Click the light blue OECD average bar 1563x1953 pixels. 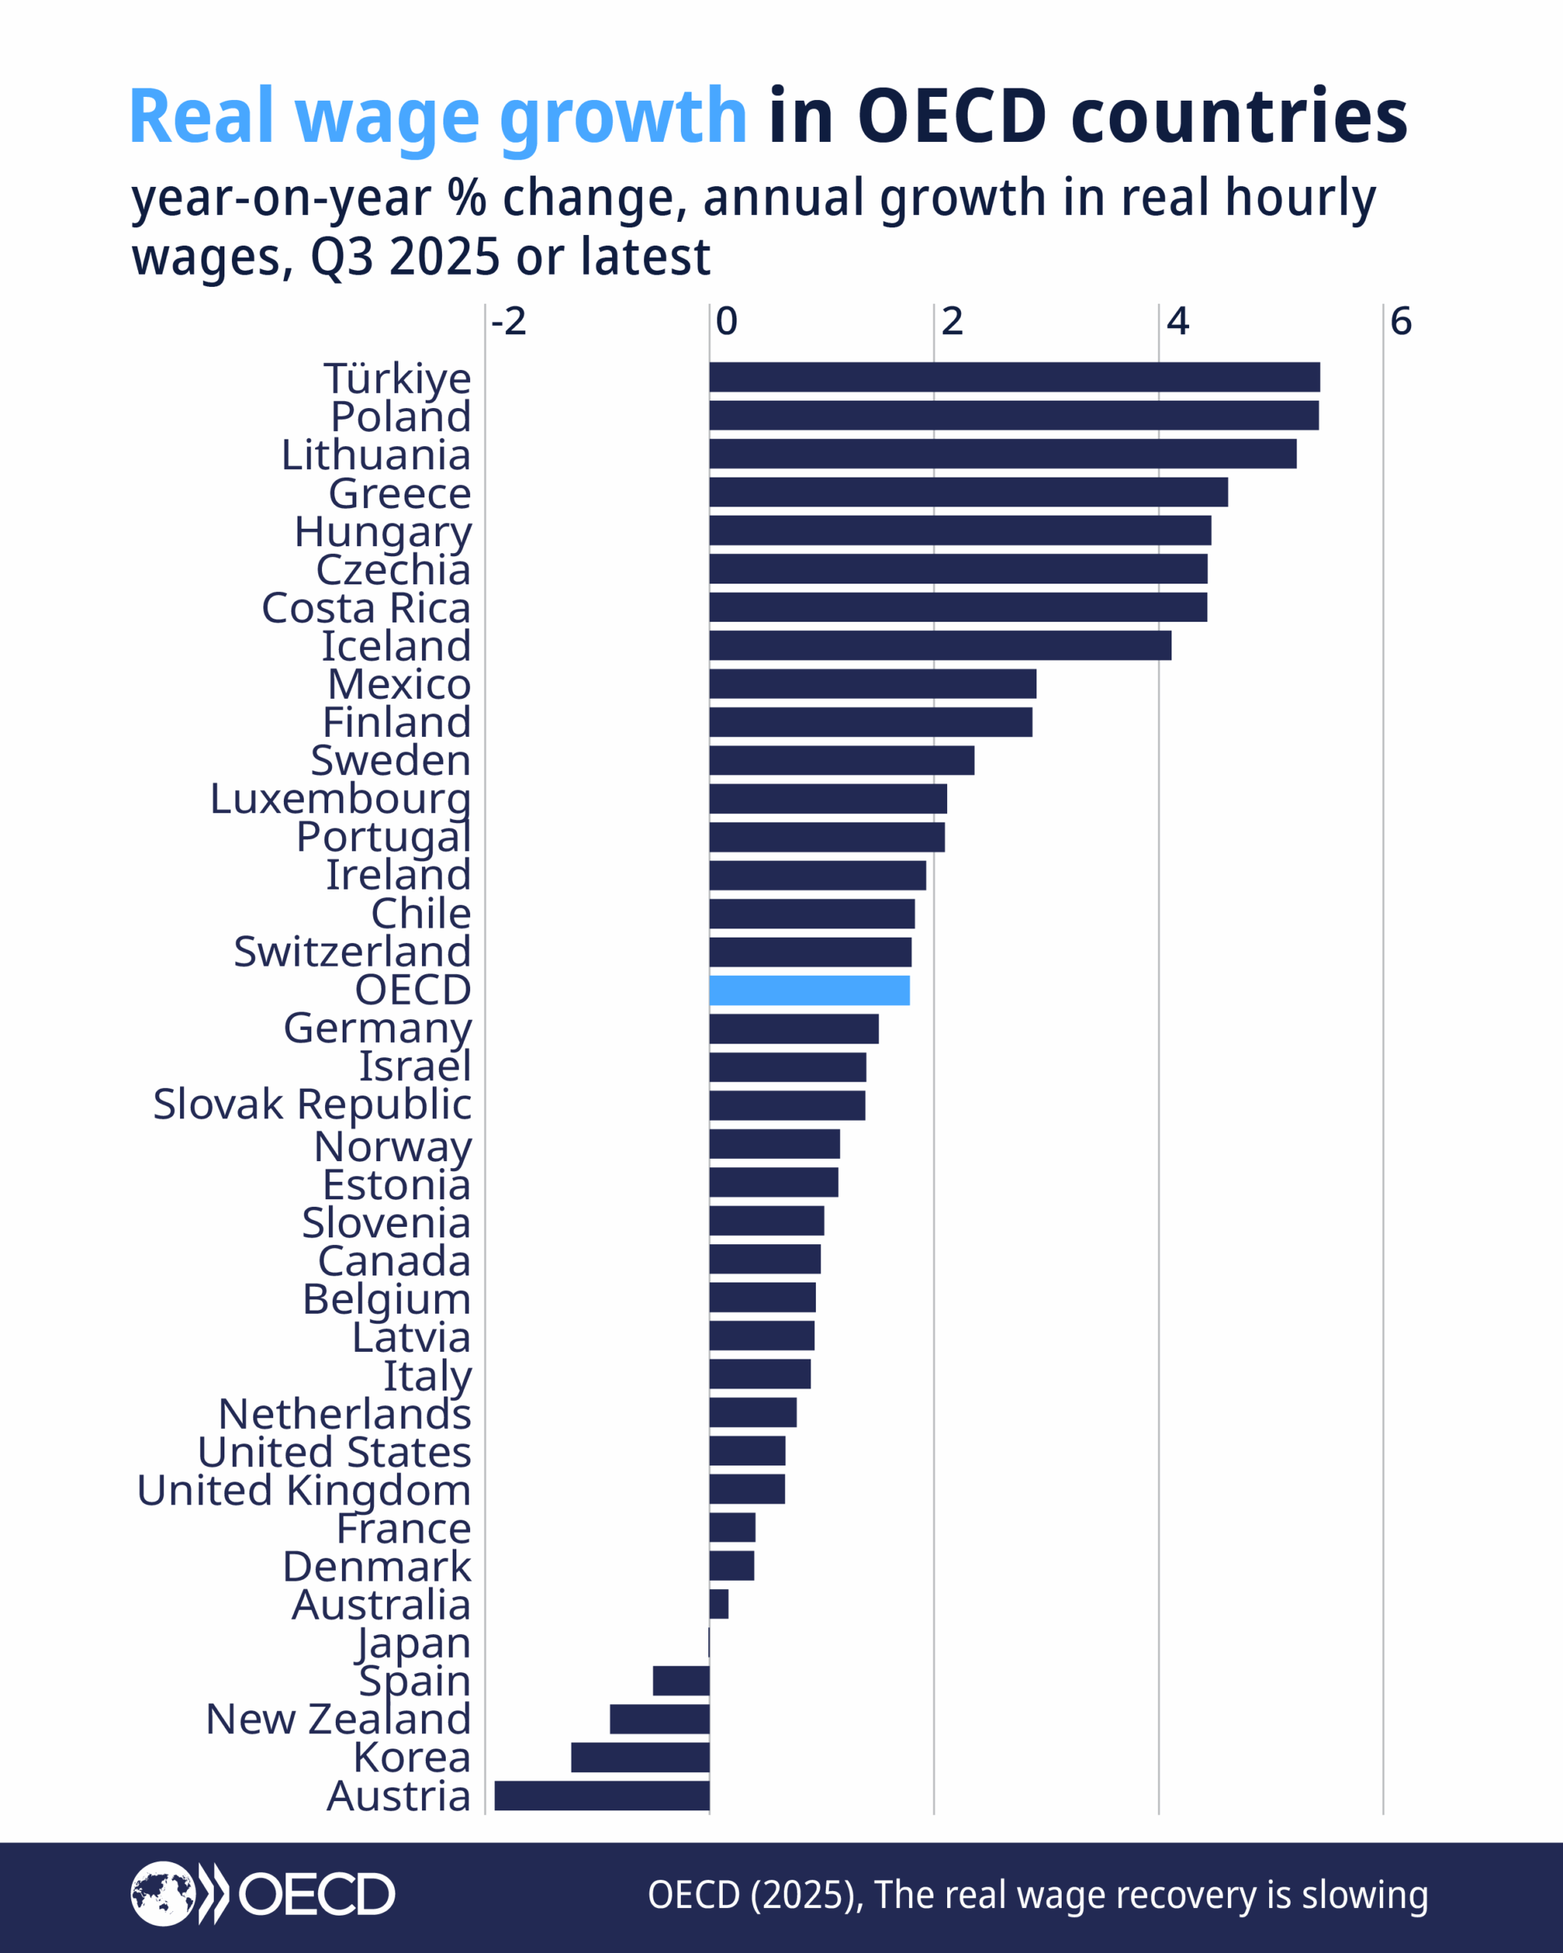(x=809, y=990)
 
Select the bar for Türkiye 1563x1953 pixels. (x=1014, y=377)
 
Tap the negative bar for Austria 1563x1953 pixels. (x=601, y=1795)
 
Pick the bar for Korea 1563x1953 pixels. (x=640, y=1758)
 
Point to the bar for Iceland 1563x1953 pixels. (x=939, y=645)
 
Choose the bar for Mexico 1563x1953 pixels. (x=872, y=684)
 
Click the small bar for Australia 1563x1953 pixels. (x=718, y=1604)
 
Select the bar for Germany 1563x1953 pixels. (x=794, y=1029)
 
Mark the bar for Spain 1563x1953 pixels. (x=681, y=1681)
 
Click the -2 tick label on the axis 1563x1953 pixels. (x=508, y=322)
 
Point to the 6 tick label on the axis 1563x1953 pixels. (x=1400, y=322)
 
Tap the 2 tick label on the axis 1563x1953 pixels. (x=952, y=322)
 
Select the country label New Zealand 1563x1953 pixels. (x=338, y=1720)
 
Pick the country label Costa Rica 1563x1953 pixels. (x=366, y=608)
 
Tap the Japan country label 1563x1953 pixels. (x=413, y=1643)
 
